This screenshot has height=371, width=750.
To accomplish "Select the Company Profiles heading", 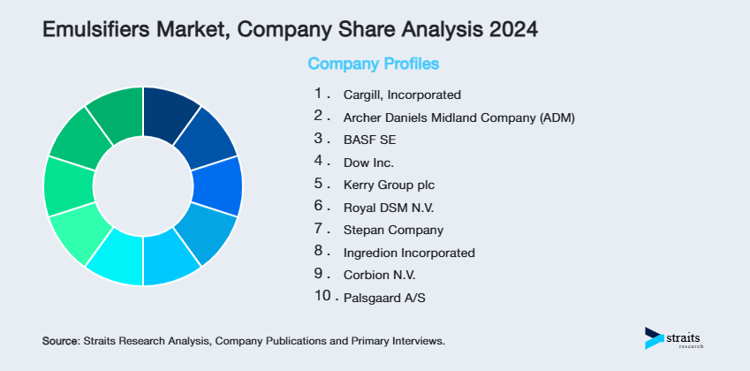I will [373, 64].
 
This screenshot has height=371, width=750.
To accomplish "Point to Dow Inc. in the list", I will [368, 162].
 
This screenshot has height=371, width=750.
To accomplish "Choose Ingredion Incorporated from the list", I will [409, 253].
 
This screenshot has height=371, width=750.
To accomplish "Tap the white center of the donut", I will [143, 186].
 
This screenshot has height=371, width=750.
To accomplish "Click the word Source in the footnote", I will [60, 340].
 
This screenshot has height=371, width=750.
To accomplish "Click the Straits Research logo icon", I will [654, 337].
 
